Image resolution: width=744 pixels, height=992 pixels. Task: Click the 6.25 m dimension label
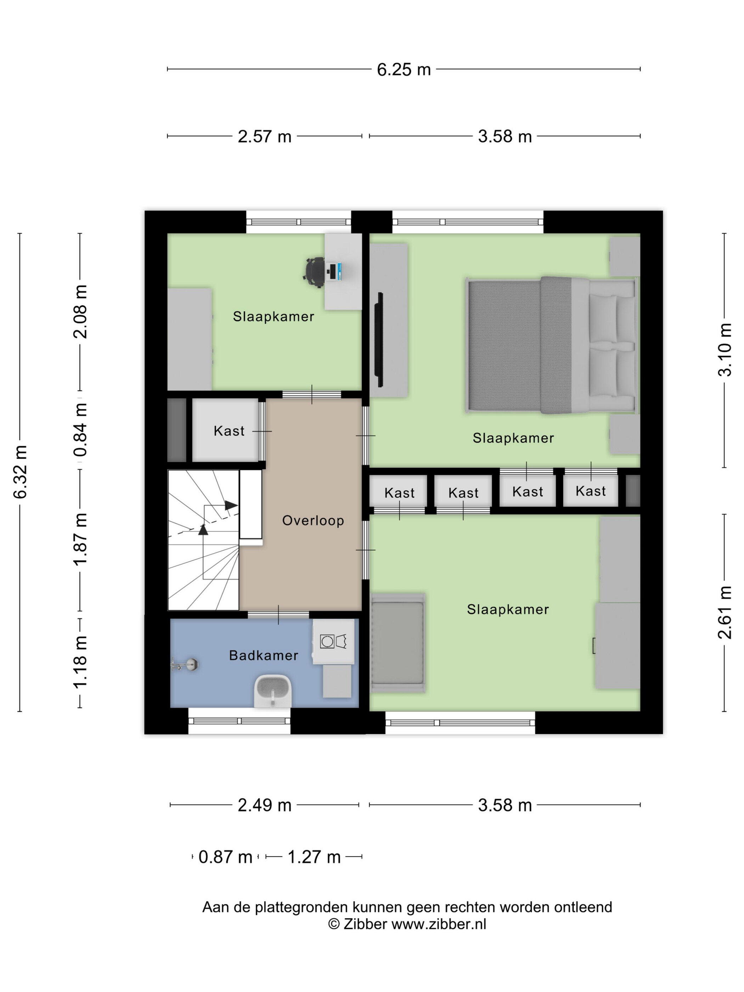pos(403,69)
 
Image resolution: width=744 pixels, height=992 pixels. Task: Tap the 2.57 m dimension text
pos(264,136)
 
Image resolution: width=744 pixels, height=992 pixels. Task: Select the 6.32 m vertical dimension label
pos(21,472)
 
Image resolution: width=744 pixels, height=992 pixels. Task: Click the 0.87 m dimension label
pos(225,857)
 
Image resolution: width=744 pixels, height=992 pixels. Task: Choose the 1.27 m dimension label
pos(314,857)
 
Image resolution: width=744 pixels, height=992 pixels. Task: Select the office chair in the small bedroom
pos(315,272)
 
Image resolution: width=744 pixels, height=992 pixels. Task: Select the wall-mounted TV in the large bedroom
pos(379,339)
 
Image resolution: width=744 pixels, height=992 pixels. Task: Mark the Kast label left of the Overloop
pos(229,431)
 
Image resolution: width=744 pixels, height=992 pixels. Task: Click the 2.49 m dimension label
pos(264,805)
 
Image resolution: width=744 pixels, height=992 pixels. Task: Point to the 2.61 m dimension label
pos(725,612)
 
